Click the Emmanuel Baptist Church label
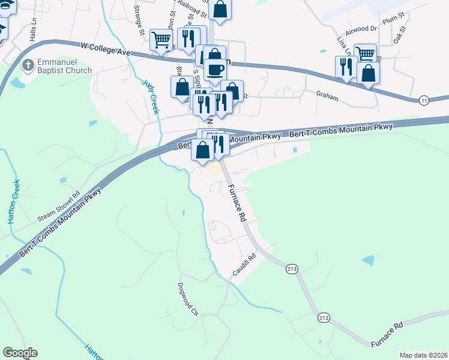tap(65, 66)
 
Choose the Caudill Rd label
tap(244, 265)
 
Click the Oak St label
tap(400, 35)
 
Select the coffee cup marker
tap(215, 70)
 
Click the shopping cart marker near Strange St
tap(161, 40)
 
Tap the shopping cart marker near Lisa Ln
tap(365, 53)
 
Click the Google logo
tap(20, 353)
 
